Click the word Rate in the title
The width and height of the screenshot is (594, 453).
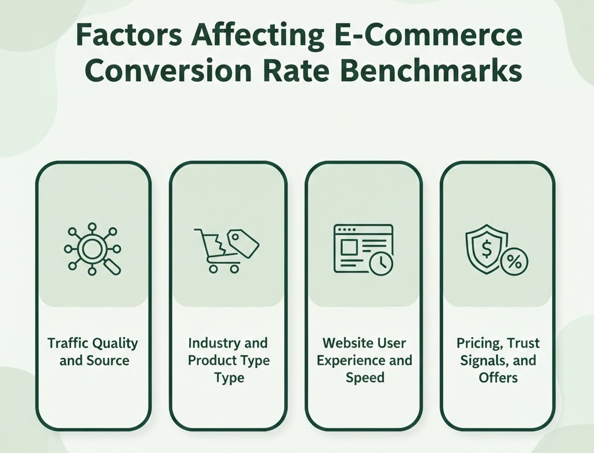[294, 72]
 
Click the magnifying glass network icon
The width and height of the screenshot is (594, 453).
[92, 249]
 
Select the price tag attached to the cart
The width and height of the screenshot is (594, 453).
[243, 242]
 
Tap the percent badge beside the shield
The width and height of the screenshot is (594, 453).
[513, 262]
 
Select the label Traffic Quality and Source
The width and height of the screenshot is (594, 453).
[93, 351]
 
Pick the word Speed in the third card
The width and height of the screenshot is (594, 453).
[364, 378]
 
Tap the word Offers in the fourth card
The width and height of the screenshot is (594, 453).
[498, 378]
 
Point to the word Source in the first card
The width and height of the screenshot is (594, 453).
[107, 360]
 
